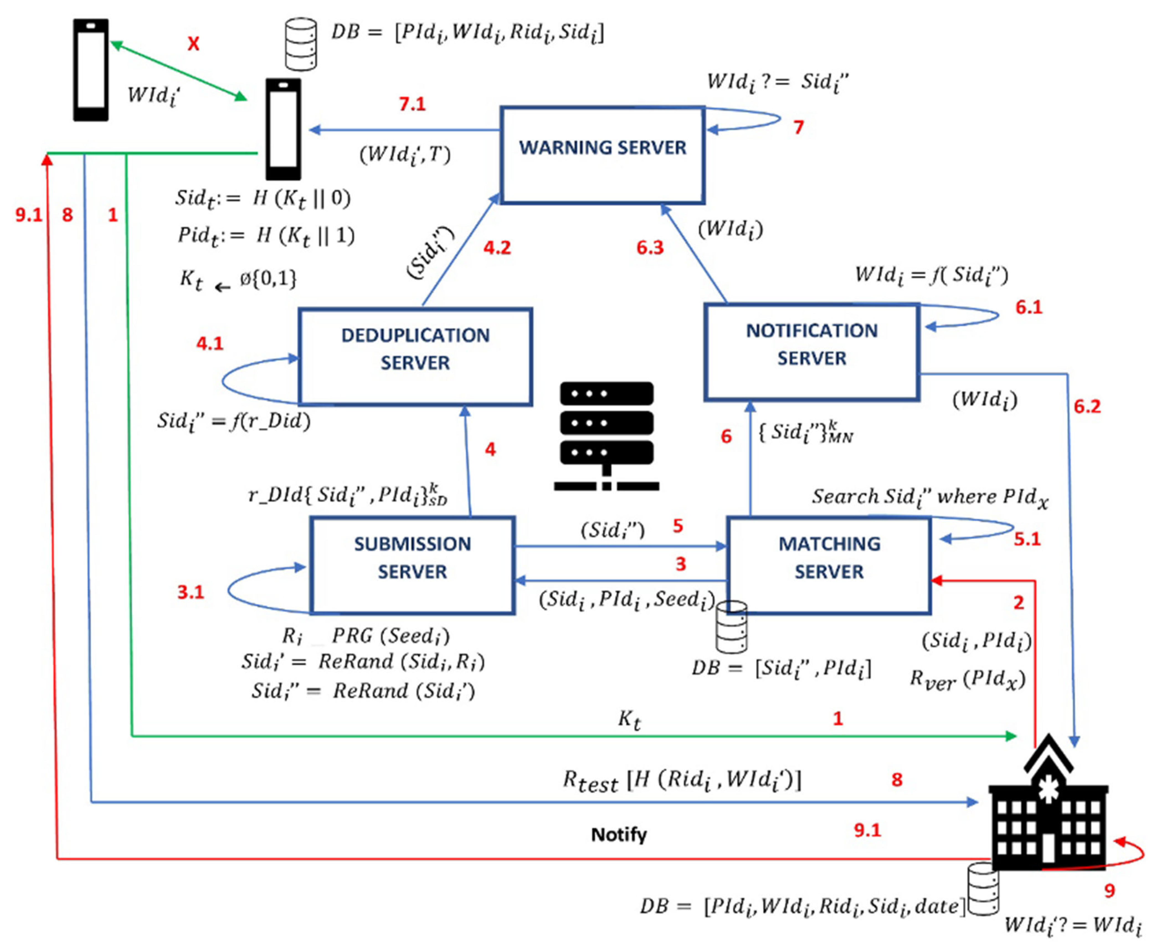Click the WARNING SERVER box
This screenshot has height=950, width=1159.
point(602,155)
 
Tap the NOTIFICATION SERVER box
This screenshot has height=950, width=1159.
point(811,352)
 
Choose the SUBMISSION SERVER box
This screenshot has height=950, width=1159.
point(412,565)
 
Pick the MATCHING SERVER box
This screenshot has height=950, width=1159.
point(829,565)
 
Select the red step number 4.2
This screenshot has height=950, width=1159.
point(497,248)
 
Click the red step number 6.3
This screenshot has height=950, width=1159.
point(649,248)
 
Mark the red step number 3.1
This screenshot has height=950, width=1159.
point(191,592)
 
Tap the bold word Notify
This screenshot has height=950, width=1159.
point(618,835)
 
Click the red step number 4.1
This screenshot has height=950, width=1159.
point(210,344)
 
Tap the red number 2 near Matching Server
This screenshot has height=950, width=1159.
point(1018,603)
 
